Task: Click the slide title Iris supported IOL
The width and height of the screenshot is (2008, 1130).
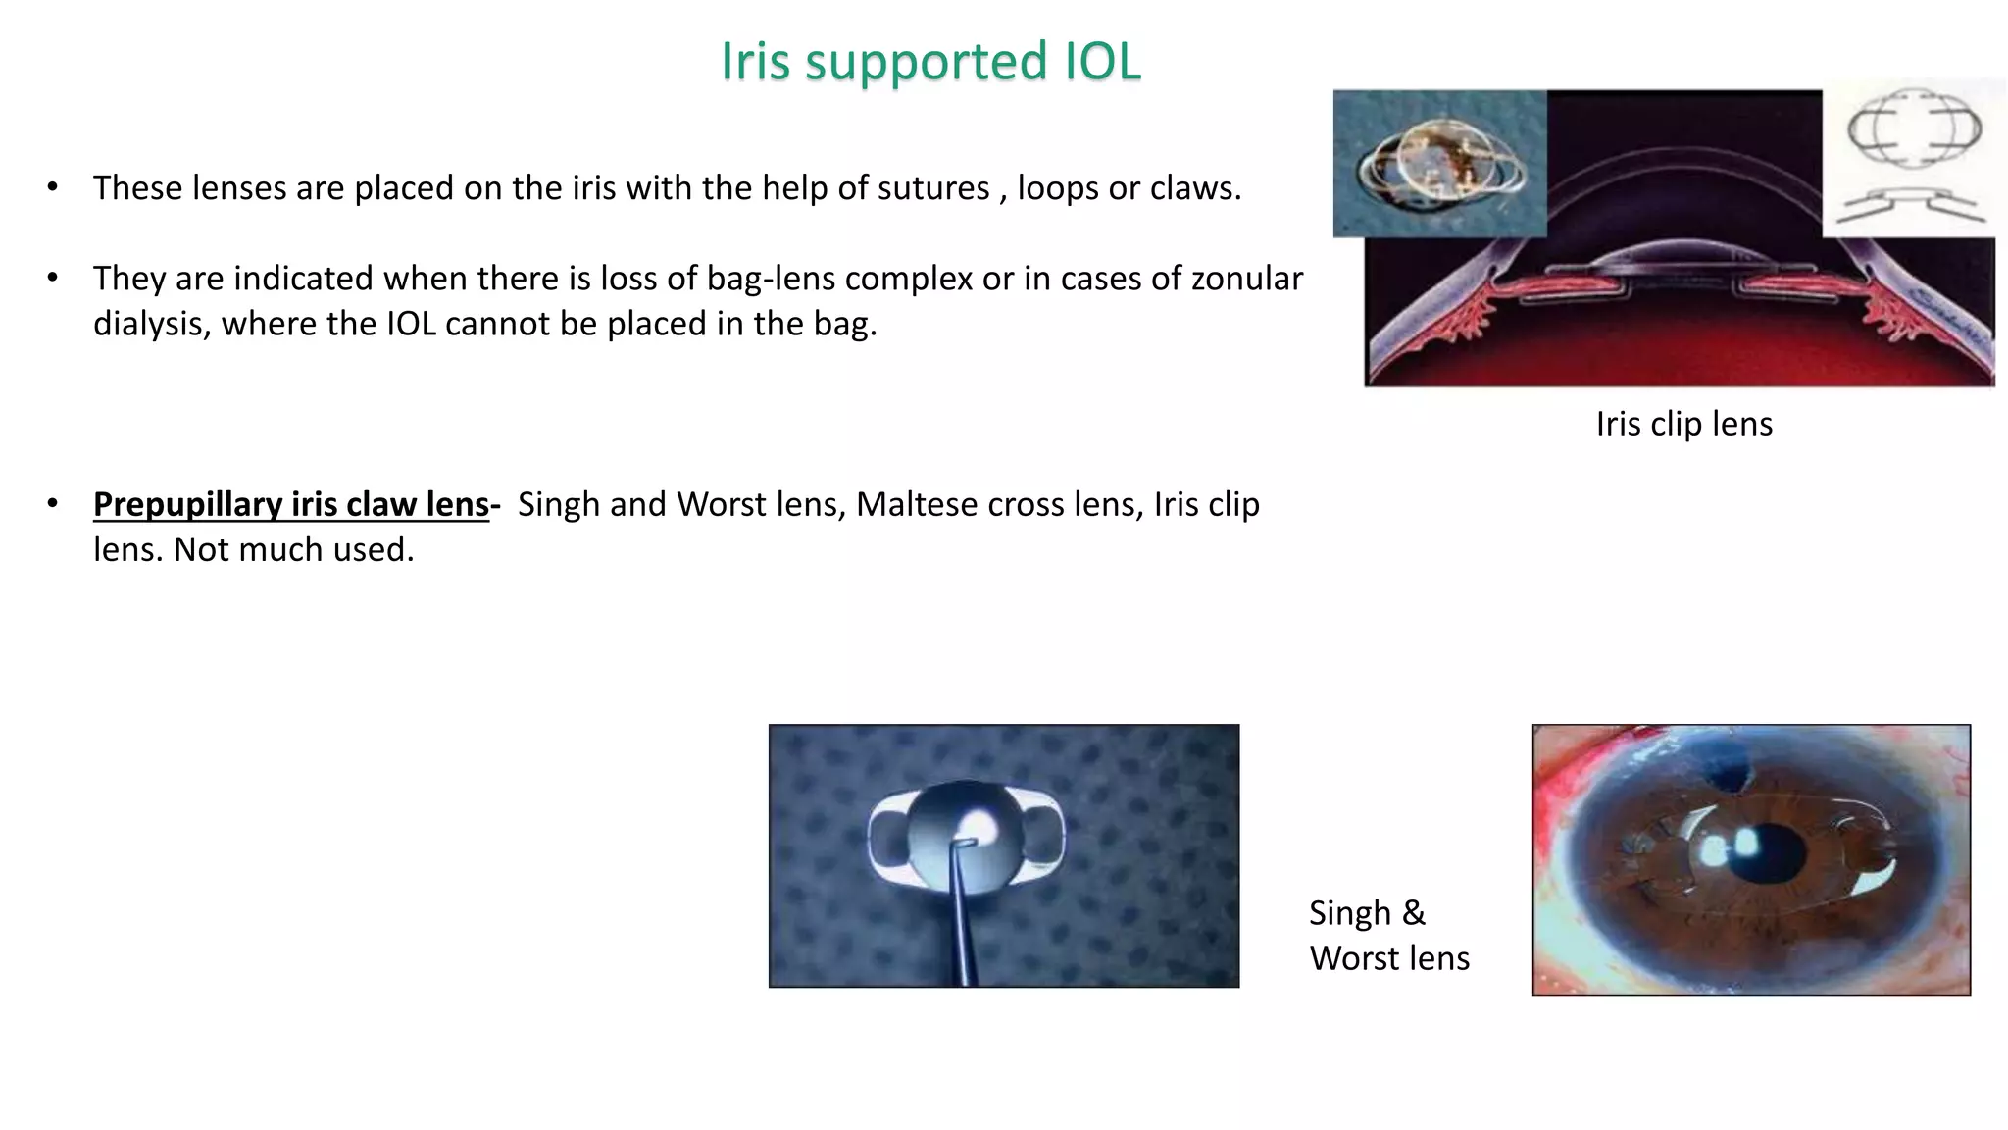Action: tap(930, 61)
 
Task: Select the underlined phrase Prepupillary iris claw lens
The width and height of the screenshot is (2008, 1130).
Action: tap(291, 504)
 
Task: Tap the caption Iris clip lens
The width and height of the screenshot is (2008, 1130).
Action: tap(1683, 424)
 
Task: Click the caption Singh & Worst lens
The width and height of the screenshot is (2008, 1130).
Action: tap(1388, 935)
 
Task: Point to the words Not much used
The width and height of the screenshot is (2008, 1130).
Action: tap(294, 549)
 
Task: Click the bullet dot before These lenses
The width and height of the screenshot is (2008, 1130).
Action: tap(53, 186)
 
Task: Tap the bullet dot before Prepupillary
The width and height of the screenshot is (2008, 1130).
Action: tap(53, 503)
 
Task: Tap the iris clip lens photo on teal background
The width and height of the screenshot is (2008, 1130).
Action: tap(1439, 164)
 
